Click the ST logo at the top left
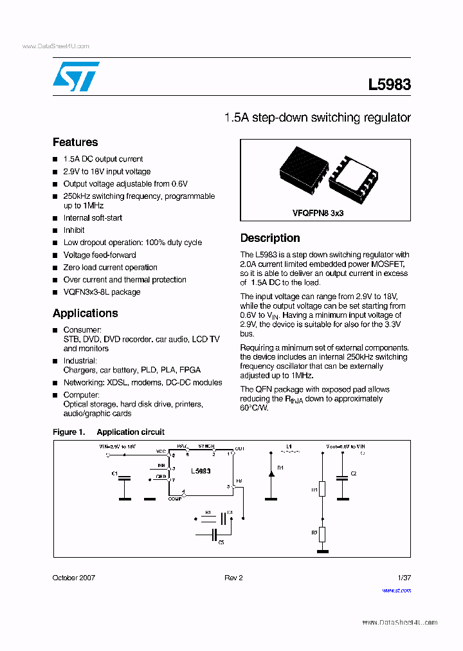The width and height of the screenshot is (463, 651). (76, 77)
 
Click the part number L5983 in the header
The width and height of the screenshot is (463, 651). (389, 84)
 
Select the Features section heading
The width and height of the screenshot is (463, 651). (75, 142)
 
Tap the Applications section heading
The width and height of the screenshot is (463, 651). (85, 313)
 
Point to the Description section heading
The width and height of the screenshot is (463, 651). (270, 238)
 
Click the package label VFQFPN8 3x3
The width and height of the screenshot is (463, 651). (318, 212)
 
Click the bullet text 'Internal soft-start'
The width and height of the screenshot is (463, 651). (93, 218)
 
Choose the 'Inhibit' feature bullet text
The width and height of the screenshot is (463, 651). (74, 230)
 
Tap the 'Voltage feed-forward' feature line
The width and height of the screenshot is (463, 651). (100, 255)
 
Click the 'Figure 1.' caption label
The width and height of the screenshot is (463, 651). (68, 432)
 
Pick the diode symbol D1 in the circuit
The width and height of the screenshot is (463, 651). (271, 474)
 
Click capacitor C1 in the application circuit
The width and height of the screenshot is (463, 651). (125, 478)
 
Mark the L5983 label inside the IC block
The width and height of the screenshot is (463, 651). (201, 472)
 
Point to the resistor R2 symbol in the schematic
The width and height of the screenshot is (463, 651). (322, 533)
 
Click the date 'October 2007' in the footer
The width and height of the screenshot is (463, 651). (73, 578)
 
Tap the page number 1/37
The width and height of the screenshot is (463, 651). (403, 578)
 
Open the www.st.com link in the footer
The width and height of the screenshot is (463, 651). (396, 590)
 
